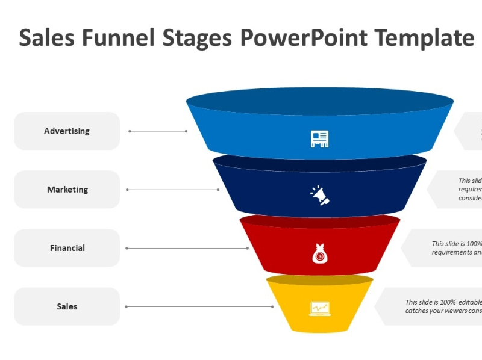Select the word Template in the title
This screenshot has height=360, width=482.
pyautogui.click(x=424, y=38)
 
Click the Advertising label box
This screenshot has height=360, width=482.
pyautogui.click(x=67, y=131)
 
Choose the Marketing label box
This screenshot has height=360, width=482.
pyautogui.click(x=67, y=190)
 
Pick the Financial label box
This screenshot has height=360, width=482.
pyautogui.click(x=67, y=248)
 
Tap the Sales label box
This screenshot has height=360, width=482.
pyautogui.click(x=67, y=306)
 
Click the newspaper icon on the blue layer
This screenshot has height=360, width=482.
pyautogui.click(x=319, y=139)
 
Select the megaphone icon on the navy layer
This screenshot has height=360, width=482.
pyautogui.click(x=319, y=195)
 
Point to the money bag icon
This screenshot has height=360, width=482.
pyautogui.click(x=319, y=254)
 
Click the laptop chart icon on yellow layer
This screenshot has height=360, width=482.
pyautogui.click(x=319, y=309)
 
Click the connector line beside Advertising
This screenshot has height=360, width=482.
pyautogui.click(x=158, y=131)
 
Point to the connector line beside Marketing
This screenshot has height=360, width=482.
pyautogui.click(x=172, y=190)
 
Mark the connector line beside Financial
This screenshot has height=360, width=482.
pyautogui.click(x=186, y=248)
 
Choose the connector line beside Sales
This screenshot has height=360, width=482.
pyautogui.click(x=199, y=306)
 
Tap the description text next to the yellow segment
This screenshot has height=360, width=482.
pyautogui.click(x=443, y=306)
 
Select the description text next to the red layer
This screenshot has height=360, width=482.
pyautogui.click(x=456, y=248)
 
